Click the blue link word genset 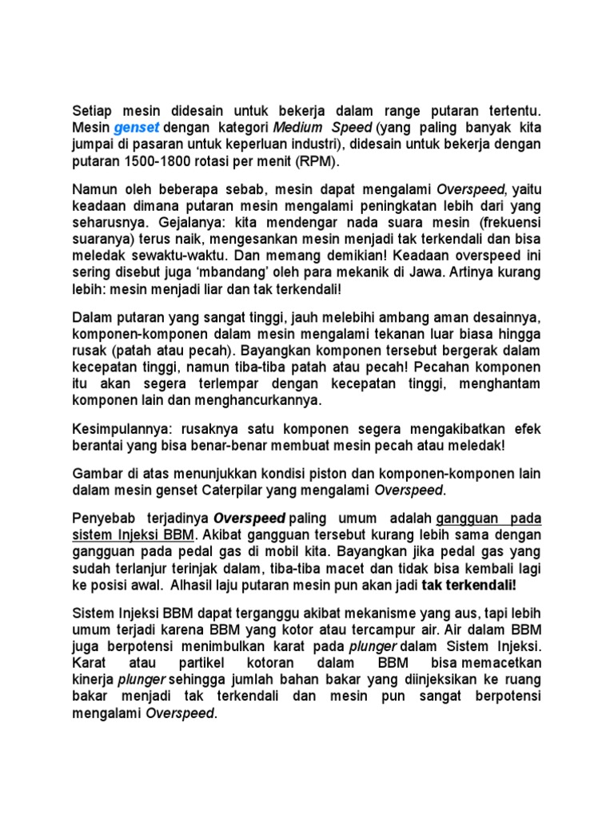pyautogui.click(x=137, y=128)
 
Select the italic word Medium pyautogui.click(x=297, y=128)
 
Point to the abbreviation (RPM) pyautogui.click(x=317, y=161)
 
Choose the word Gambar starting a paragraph pyautogui.click(x=98, y=473)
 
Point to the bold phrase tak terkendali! pyautogui.click(x=470, y=585)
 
